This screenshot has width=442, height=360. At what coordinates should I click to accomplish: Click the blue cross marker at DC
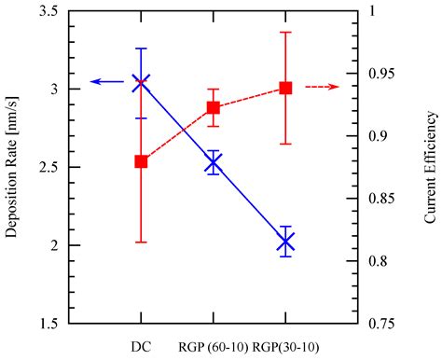(141, 83)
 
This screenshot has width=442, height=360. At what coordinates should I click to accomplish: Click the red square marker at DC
(141, 161)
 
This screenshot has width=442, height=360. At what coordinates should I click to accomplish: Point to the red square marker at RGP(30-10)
(285, 88)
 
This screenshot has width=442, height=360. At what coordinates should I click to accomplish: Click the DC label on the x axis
(141, 347)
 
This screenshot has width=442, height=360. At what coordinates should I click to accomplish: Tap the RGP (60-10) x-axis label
(212, 347)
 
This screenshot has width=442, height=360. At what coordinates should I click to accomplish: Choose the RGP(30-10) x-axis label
(285, 347)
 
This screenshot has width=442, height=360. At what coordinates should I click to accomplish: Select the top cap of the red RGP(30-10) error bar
(285, 32)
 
